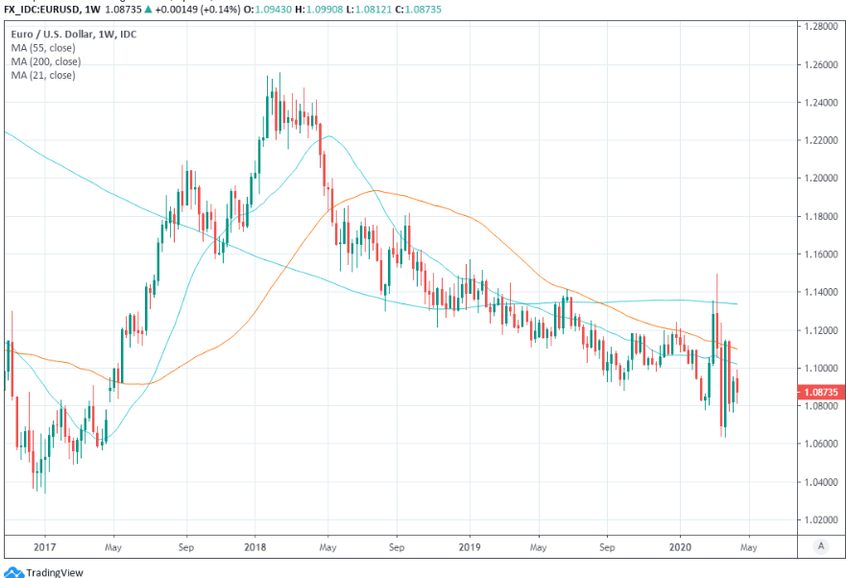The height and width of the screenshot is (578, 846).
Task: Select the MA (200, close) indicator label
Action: (x=46, y=61)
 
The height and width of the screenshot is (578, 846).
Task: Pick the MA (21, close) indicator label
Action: (x=44, y=75)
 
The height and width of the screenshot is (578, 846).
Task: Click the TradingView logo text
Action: (x=54, y=572)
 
